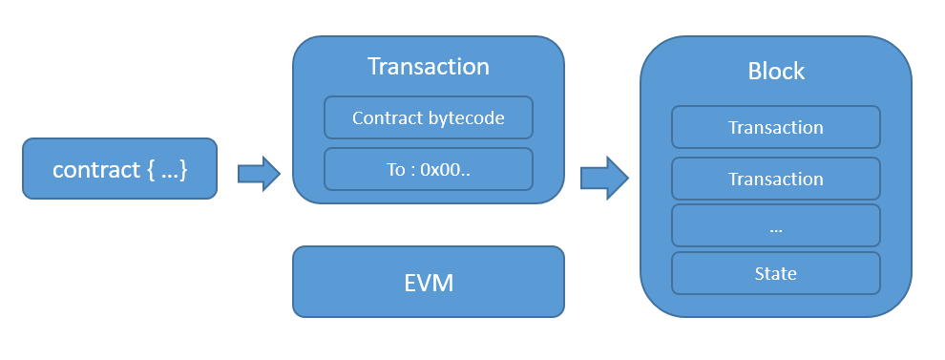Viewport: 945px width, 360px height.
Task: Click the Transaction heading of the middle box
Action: pos(428,66)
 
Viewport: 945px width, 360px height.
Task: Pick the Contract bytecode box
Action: pos(428,118)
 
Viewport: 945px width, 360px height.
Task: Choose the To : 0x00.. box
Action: pos(428,169)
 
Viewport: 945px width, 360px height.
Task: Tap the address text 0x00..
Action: pos(441,169)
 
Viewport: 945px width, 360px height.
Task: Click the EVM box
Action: pos(428,283)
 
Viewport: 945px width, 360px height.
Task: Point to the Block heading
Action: pos(775,72)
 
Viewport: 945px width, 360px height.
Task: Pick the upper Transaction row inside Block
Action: pos(775,127)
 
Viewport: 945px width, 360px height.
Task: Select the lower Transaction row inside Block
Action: pos(775,179)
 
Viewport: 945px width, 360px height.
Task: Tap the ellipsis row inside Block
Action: pos(775,227)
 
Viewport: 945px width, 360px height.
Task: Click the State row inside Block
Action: pos(775,273)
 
